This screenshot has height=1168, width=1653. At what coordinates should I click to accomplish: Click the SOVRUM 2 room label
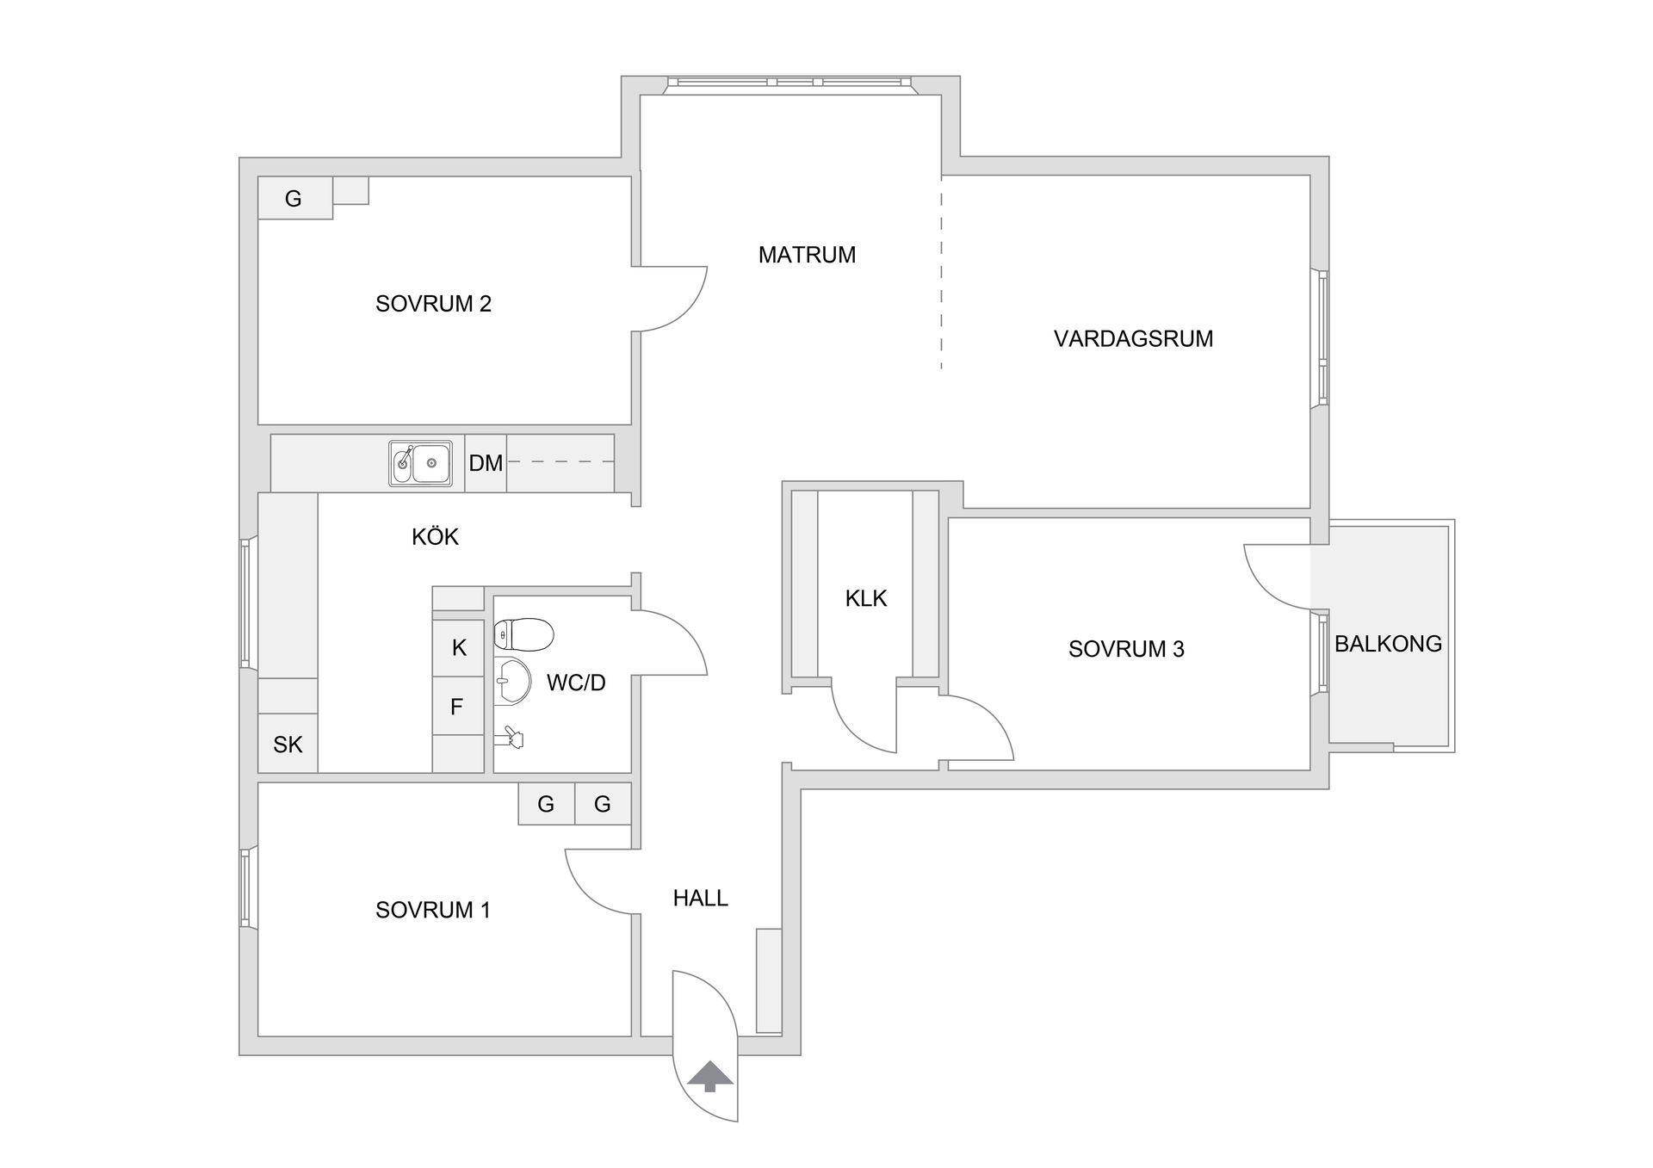click(433, 304)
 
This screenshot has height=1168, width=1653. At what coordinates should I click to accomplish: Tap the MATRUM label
click(807, 255)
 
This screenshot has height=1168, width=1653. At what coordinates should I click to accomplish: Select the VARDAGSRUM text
click(1133, 338)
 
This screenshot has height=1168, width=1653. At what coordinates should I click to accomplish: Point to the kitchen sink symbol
click(420, 464)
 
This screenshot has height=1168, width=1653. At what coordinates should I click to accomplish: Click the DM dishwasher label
click(486, 463)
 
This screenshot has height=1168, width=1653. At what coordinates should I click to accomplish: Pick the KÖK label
click(435, 537)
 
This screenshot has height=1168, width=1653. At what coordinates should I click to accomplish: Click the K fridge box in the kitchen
click(459, 647)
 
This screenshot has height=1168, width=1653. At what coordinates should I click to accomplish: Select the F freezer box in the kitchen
click(457, 707)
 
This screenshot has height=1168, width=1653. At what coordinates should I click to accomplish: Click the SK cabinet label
click(288, 745)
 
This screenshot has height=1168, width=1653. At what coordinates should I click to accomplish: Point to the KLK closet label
click(865, 598)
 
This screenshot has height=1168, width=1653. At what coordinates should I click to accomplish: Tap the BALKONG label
click(1388, 644)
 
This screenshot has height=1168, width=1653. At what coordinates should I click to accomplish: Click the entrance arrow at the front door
click(709, 1076)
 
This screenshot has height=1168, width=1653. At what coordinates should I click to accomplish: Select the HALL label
click(700, 898)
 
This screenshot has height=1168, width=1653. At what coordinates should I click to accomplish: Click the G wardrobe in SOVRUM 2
click(294, 199)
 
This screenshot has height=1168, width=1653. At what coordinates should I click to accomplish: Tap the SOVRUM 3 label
click(1126, 649)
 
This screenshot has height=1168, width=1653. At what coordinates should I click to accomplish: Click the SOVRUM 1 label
click(433, 910)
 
